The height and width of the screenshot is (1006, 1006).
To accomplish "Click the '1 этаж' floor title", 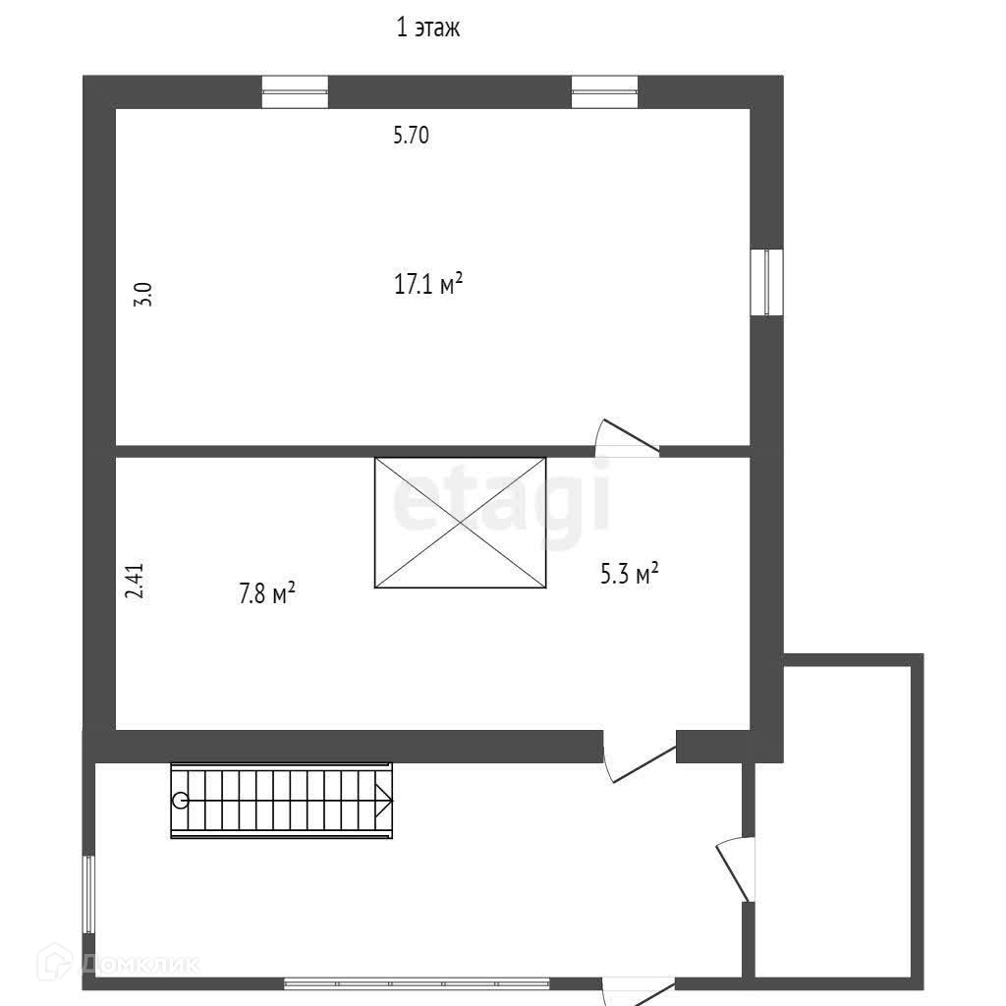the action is (x=427, y=28).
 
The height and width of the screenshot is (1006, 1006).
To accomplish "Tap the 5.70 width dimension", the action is (x=411, y=136).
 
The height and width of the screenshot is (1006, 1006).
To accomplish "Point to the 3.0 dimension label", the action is (x=142, y=294).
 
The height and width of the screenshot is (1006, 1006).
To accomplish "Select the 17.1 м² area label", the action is (x=428, y=285).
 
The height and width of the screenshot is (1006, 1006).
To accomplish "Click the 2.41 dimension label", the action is (x=135, y=581).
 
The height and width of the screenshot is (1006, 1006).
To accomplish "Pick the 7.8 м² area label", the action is (x=267, y=593).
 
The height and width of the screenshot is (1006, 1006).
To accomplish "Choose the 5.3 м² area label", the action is (x=629, y=573).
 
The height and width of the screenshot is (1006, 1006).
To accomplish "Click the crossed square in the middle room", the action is (x=460, y=522).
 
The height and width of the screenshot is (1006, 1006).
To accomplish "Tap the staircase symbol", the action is (x=282, y=800).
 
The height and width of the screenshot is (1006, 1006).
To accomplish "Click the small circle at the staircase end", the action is (x=181, y=800).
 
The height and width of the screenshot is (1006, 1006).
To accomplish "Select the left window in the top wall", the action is (x=295, y=91).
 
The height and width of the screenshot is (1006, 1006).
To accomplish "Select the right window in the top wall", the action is (x=604, y=91).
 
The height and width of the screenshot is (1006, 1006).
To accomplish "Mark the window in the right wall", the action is (x=766, y=282).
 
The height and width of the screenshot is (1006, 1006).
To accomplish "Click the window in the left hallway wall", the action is (x=88, y=894).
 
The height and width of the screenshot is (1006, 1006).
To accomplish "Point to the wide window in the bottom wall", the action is (x=417, y=982).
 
